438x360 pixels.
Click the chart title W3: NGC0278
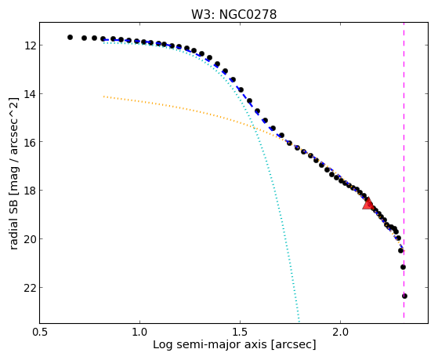click(x=233, y=14)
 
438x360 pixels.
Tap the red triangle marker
click(x=368, y=203)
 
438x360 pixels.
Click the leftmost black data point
click(x=70, y=37)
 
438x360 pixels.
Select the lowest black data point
click(x=404, y=296)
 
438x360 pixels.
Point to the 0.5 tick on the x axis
click(x=40, y=332)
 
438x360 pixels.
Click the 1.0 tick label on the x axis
click(x=139, y=332)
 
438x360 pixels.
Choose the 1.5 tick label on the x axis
click(x=240, y=332)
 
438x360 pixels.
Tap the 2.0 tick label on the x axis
click(x=340, y=332)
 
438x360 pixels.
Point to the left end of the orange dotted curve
click(x=103, y=96)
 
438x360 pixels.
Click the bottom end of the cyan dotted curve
click(x=299, y=322)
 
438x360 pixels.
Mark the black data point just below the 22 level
click(x=404, y=296)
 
